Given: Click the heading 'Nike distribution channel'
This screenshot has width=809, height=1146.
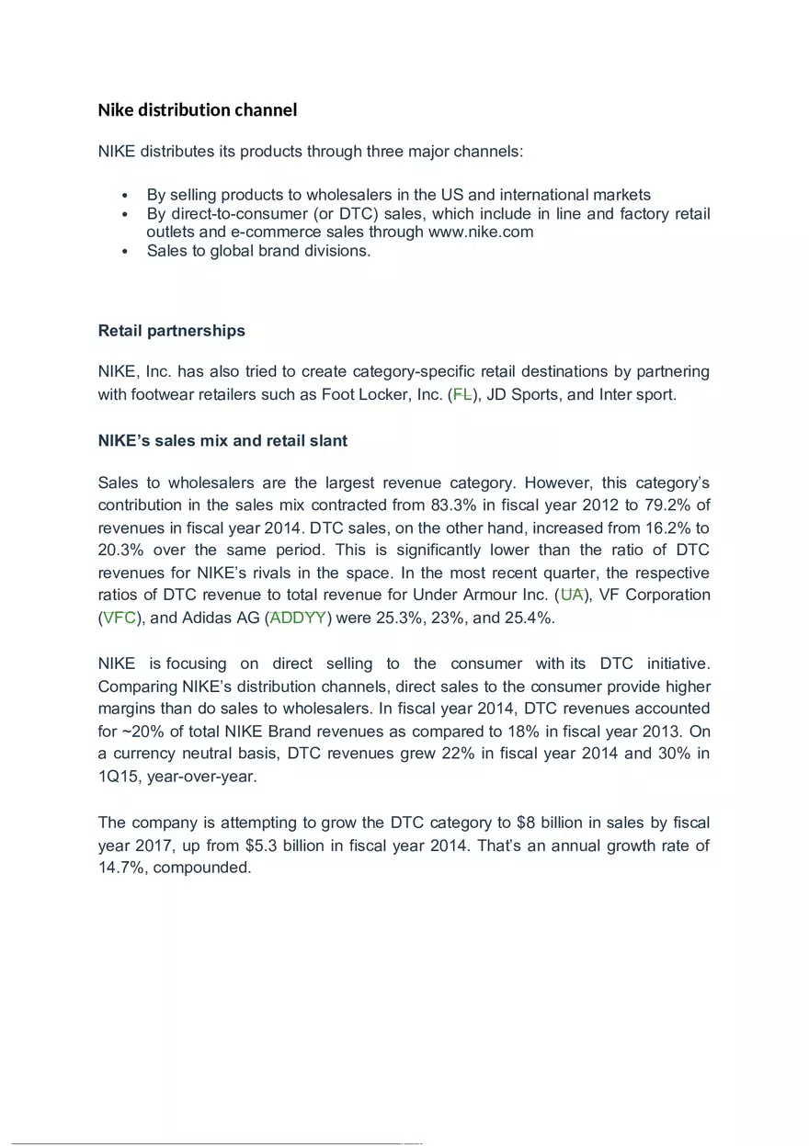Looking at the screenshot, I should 198,110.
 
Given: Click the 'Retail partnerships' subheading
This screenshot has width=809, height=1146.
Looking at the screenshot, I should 171,331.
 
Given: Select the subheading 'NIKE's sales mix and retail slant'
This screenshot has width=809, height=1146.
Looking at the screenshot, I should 222,441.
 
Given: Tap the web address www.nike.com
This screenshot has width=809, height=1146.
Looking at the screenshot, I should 481,233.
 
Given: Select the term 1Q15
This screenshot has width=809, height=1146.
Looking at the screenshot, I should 120,777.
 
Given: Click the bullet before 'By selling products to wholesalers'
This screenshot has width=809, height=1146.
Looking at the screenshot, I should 124,196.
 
